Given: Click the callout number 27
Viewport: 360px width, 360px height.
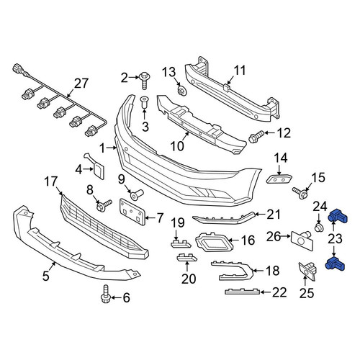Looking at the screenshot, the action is (x=81, y=84).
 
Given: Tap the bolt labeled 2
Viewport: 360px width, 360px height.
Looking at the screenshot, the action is (x=145, y=81).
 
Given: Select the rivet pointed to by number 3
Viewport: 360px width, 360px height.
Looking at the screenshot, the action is (x=144, y=102).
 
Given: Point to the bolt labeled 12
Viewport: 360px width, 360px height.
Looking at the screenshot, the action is (x=256, y=136).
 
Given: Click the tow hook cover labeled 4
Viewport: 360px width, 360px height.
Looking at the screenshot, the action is (x=96, y=166).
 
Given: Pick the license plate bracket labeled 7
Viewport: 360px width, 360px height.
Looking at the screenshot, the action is (x=132, y=212).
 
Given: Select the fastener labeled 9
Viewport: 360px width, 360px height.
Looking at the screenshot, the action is (x=136, y=194).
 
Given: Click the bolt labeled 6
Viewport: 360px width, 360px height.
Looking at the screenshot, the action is (x=105, y=294).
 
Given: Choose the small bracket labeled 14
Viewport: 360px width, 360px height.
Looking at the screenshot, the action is (x=279, y=179).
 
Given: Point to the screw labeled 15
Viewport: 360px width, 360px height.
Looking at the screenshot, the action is (x=300, y=192).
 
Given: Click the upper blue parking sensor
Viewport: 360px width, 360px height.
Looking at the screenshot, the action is (x=338, y=216).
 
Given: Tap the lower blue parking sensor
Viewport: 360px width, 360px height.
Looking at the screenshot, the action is (x=335, y=264).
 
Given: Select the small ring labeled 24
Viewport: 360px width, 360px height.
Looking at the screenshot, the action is (x=318, y=228).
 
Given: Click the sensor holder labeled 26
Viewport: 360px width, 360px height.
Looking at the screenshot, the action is (x=302, y=240).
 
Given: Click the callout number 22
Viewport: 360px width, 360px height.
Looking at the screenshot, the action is (x=279, y=292).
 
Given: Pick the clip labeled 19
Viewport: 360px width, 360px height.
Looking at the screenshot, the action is (x=181, y=243).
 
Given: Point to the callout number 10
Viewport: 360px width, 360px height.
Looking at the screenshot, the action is (x=177, y=146).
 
